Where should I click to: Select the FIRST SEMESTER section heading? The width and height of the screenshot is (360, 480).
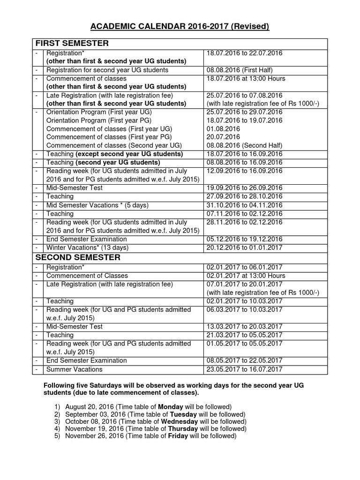[x=72, y=44]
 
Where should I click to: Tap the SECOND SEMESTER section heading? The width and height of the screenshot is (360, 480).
[x=78, y=257]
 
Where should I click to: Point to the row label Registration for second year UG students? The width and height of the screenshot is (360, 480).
[x=107, y=70]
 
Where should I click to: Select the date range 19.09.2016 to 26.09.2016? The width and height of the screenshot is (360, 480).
[x=244, y=187]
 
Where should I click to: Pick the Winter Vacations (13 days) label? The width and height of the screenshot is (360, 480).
[x=87, y=247]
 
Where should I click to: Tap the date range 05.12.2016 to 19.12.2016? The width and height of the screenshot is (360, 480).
[x=244, y=239]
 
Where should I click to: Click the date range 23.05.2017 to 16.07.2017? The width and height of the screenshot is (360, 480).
[x=244, y=369]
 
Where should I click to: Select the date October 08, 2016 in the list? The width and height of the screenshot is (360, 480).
[x=94, y=421]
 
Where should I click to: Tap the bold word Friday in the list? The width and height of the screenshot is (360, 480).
[x=178, y=436]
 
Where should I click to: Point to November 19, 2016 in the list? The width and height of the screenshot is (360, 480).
[x=96, y=428]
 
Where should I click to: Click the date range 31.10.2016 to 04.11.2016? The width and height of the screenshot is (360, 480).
[x=244, y=205]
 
